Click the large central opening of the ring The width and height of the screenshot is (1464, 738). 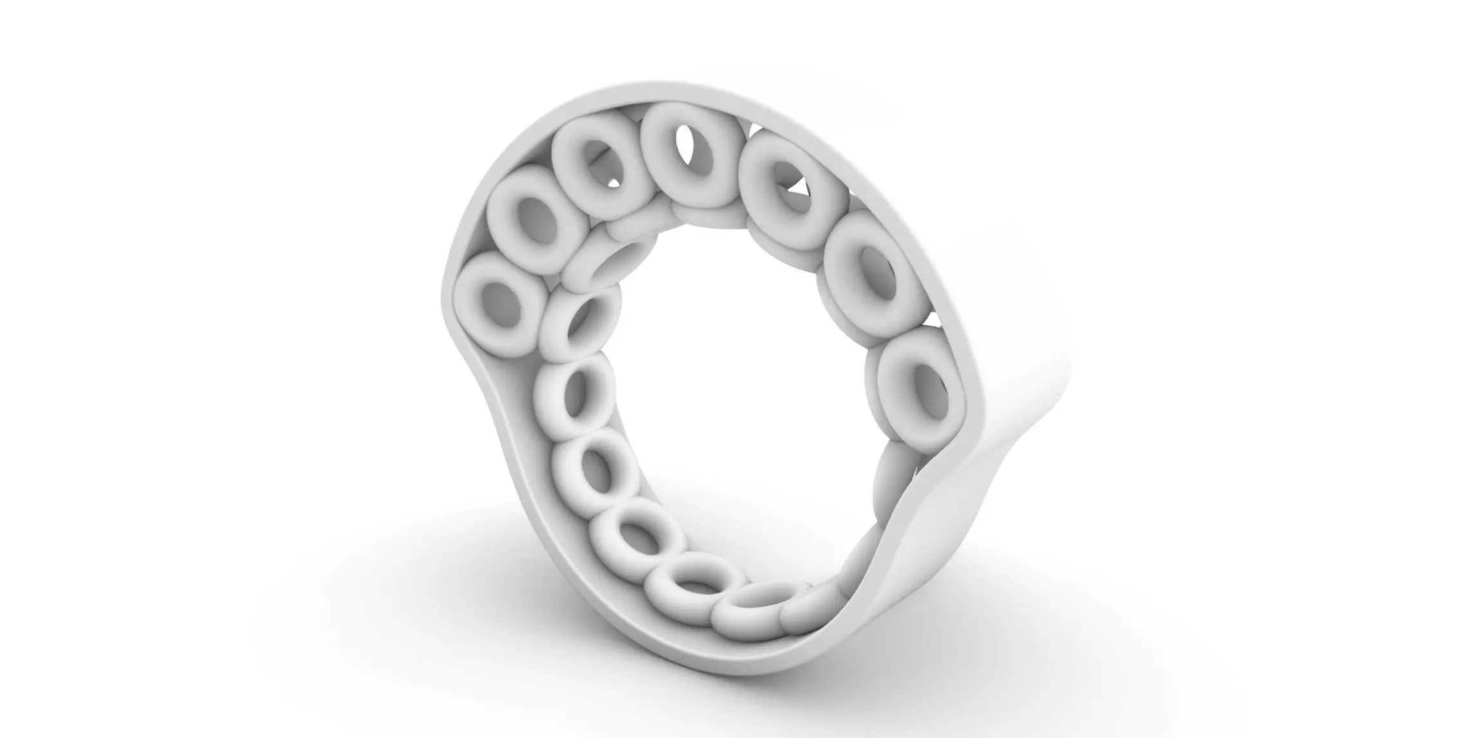(727, 386)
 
